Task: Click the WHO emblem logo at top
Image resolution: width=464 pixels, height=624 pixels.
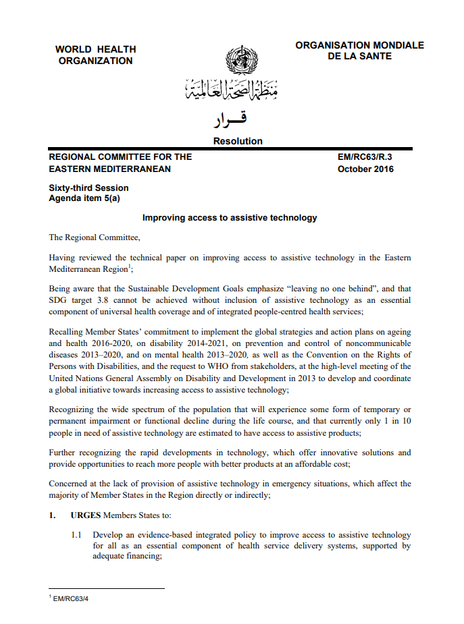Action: point(236,60)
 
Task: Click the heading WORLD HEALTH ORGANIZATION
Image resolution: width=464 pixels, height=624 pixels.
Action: point(95,55)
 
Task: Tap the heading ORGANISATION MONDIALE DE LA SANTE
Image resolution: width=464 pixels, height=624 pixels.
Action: point(359,51)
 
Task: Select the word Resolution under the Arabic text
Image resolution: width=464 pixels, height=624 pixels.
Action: point(238,141)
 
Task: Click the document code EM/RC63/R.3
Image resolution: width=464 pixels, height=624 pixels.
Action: point(365,157)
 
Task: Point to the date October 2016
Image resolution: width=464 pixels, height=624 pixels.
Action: point(365,169)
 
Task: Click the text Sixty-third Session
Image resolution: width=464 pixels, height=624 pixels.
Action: point(88,188)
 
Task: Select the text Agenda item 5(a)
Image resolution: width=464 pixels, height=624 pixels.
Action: point(84,198)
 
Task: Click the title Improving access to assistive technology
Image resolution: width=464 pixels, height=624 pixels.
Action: point(229,218)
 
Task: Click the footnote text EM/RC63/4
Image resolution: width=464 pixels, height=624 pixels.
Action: point(72,599)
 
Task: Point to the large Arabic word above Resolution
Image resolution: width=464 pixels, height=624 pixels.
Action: point(230,120)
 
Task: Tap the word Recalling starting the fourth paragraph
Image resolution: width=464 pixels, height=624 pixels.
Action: point(68,333)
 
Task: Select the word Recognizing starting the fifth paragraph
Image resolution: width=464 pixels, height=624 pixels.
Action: point(74,411)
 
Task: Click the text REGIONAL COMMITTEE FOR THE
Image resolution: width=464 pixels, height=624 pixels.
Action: point(120,157)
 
